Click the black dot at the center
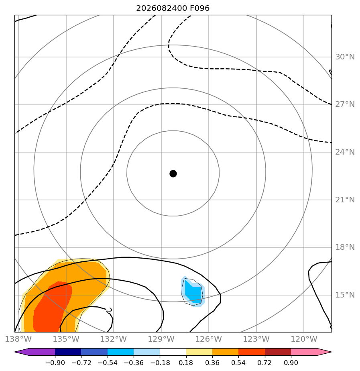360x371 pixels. pyautogui.click(x=173, y=174)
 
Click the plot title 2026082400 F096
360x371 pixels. pyautogui.click(x=173, y=8)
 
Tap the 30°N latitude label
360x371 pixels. pyautogui.click(x=345, y=57)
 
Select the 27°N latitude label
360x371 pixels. pyautogui.click(x=345, y=104)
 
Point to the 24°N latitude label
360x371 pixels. pyautogui.click(x=345, y=152)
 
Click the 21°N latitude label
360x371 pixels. pyautogui.click(x=345, y=200)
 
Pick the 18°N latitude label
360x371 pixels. pyautogui.click(x=345, y=247)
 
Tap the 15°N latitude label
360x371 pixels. pyautogui.click(x=345, y=295)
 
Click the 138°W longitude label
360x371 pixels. pyautogui.click(x=18, y=339)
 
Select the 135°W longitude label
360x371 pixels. pyautogui.click(x=66, y=339)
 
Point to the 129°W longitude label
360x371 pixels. pyautogui.click(x=161, y=339)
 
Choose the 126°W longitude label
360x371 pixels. pyautogui.click(x=209, y=339)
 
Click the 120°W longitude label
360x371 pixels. pyautogui.click(x=304, y=339)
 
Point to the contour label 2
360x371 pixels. pyautogui.click(x=109, y=310)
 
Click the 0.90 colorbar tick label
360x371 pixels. pyautogui.click(x=291, y=363)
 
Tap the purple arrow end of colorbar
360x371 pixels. pyautogui.click(x=22, y=352)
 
